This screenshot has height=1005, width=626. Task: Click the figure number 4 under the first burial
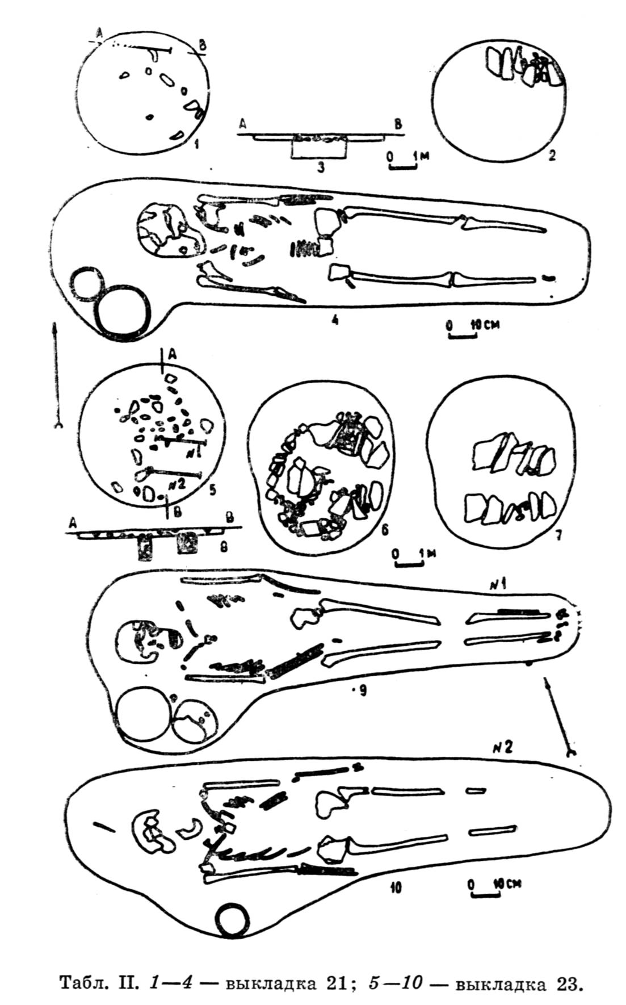tap(335, 320)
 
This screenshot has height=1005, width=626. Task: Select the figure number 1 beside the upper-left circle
tap(195, 144)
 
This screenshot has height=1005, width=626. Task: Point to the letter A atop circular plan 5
tap(173, 354)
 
